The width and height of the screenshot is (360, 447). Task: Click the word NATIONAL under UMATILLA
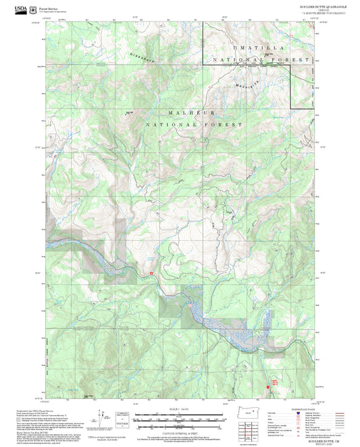pyautogui.click(x=234, y=60)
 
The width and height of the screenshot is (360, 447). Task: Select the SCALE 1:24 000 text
pyautogui.click(x=179, y=409)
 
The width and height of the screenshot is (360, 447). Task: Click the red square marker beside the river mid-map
pyautogui.click(x=151, y=272)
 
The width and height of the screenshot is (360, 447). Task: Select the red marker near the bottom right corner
pyautogui.click(x=274, y=385)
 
